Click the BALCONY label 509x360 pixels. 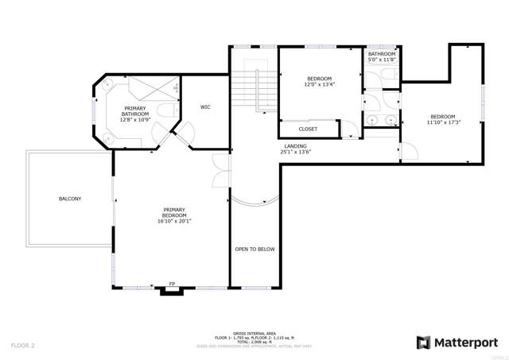70,199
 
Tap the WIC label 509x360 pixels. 205,106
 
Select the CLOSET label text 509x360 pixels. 308,129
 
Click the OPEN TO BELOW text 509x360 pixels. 254,249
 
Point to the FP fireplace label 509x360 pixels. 171,284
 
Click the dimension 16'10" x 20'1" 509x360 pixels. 174,220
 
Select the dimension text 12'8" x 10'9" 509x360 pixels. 134,120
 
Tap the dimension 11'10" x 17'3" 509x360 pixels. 443,122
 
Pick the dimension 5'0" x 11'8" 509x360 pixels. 382,60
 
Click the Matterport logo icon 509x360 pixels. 424,343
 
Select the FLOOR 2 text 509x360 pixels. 23,346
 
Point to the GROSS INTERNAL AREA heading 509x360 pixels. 254,334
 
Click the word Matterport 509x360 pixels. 465,343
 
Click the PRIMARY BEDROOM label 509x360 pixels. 174,212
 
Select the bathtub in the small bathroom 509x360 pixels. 382,75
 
